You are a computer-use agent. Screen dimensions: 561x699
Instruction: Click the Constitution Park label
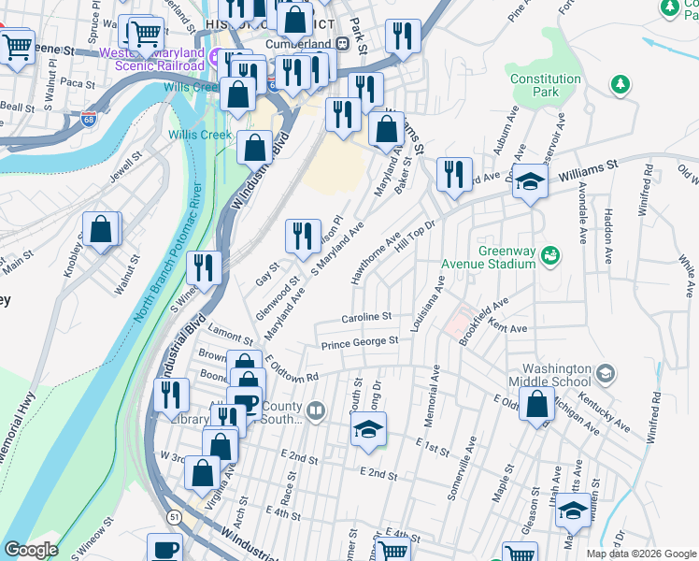click(x=546, y=86)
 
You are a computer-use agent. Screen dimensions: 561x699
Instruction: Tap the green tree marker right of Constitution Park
click(x=619, y=86)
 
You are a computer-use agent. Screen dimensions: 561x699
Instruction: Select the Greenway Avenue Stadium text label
click(x=506, y=257)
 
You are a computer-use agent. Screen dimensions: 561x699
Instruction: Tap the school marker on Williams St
click(x=530, y=180)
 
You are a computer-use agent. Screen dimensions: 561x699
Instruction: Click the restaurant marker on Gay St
click(x=302, y=238)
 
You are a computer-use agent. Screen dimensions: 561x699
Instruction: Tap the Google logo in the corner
click(x=30, y=550)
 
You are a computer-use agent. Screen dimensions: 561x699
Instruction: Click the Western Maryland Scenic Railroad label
click(x=159, y=59)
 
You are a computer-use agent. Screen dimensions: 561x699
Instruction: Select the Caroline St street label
click(x=365, y=318)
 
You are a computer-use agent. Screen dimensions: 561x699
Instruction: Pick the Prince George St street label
click(x=360, y=344)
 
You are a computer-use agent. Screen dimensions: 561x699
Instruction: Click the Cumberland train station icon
click(x=342, y=44)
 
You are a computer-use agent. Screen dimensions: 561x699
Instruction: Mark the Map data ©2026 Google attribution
click(x=640, y=554)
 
